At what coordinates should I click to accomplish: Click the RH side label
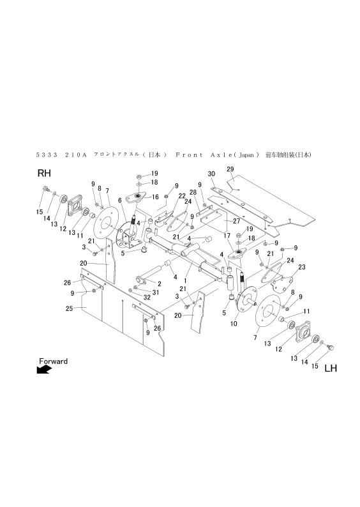tap(44, 173)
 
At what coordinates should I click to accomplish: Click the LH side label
tap(330, 368)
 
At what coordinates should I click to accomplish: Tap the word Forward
tap(53, 361)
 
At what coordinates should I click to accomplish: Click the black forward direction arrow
tap(44, 370)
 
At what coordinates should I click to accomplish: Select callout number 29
tap(230, 169)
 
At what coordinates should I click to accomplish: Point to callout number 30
tap(211, 174)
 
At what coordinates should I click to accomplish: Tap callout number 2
tap(158, 283)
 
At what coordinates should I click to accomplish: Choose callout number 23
tap(302, 267)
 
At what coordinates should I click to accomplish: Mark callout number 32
tap(146, 298)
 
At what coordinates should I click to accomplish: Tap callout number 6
tap(119, 200)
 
